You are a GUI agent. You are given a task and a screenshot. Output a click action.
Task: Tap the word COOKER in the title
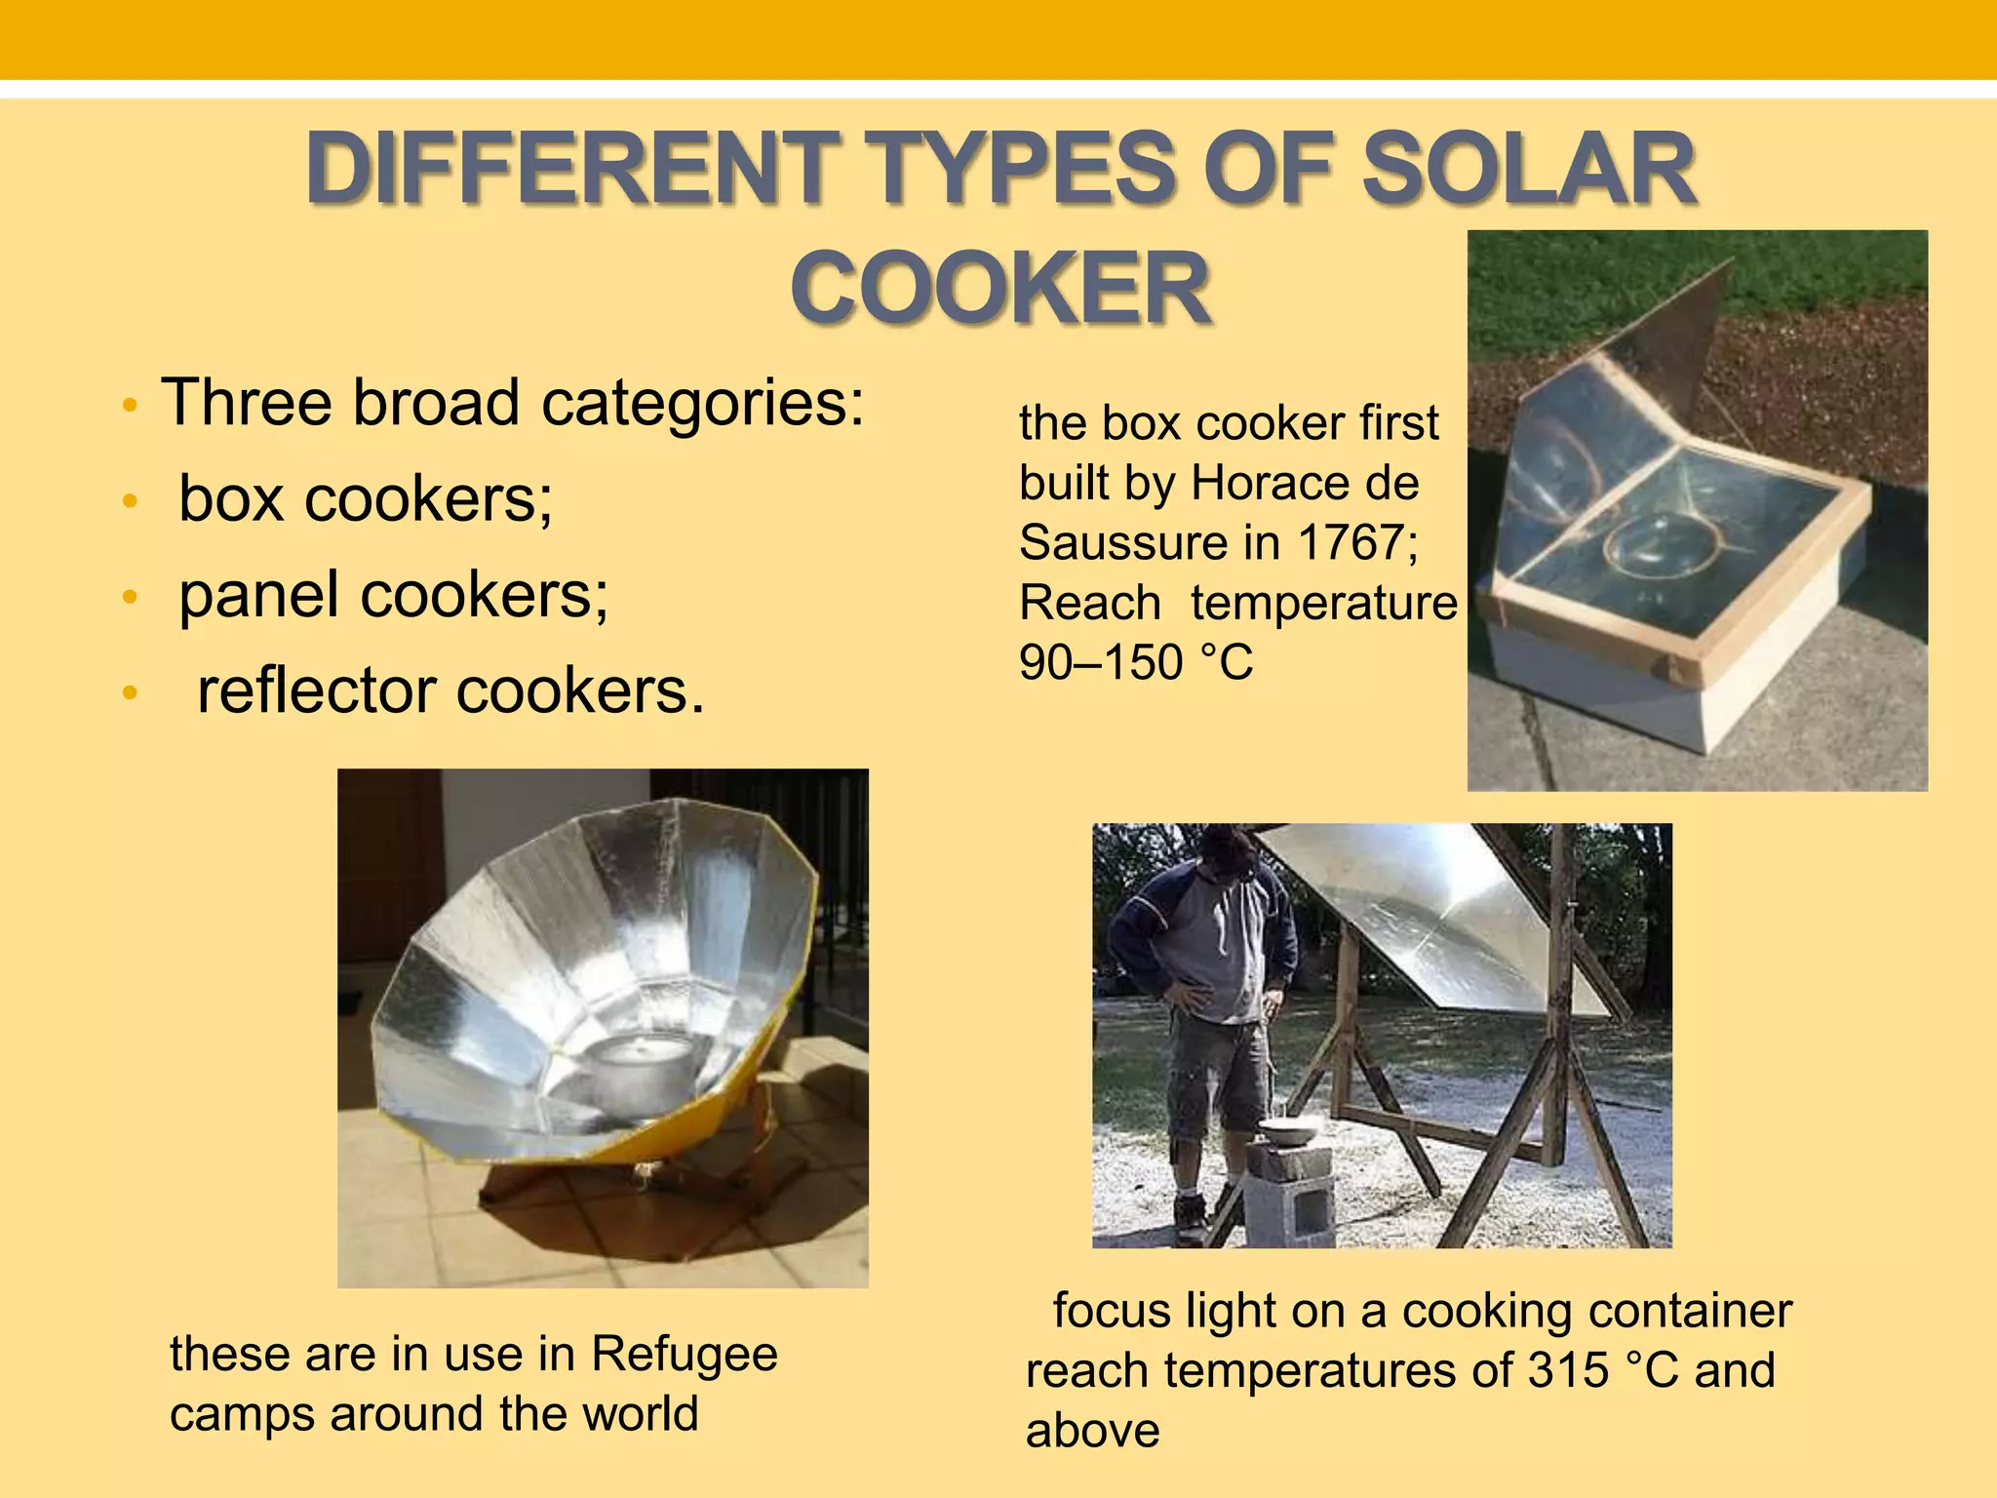click(1001, 289)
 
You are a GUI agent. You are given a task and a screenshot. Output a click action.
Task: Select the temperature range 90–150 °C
click(1136, 662)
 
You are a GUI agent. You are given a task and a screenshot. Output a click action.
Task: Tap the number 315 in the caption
click(1568, 1369)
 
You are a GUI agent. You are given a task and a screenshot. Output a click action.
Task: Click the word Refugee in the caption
click(685, 1354)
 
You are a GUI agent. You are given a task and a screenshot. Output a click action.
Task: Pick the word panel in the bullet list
click(258, 595)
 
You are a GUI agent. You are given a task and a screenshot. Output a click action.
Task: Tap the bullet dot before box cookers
click(131, 501)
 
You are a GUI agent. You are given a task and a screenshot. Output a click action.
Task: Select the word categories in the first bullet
click(702, 402)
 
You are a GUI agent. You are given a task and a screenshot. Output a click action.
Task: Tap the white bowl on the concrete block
click(1289, 1133)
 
